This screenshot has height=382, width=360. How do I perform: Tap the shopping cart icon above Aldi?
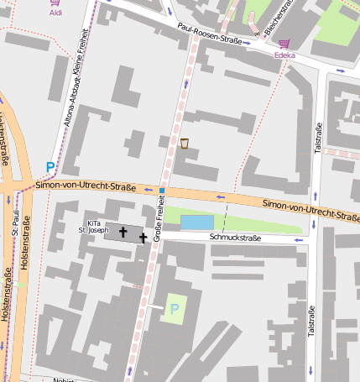click(55, 3)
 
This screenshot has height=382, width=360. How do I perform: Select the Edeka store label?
click(285, 55)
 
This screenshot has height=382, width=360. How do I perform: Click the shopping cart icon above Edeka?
click(284, 44)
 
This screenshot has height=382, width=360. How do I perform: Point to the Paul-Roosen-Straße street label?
click(210, 34)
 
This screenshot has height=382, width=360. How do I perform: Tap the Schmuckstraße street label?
click(236, 238)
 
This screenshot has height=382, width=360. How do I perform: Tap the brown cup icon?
click(184, 144)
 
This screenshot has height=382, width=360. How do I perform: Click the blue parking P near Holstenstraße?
click(50, 167)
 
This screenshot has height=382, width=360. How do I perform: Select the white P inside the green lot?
click(175, 309)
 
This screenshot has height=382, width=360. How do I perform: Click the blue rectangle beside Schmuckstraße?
click(197, 222)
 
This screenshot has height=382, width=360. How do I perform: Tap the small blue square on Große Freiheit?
click(161, 191)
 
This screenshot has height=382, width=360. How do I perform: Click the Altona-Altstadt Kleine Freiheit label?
click(76, 88)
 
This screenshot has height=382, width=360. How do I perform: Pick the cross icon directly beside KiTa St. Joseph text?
click(123, 231)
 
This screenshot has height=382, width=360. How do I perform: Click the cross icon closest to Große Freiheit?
click(143, 238)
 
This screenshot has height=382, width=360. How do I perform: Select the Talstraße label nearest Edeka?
click(318, 138)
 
